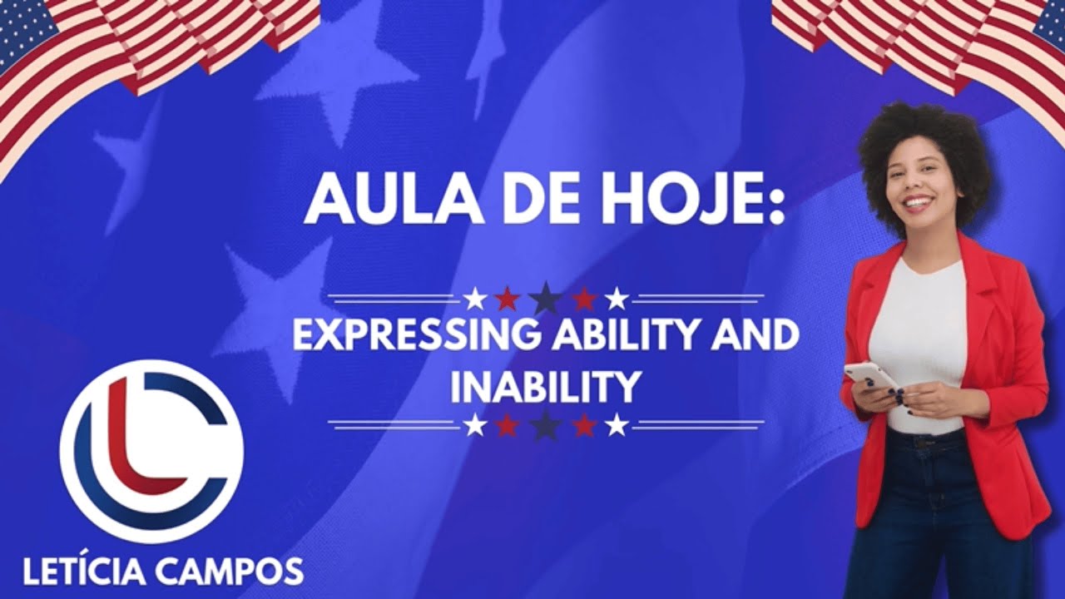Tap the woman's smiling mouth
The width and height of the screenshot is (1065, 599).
point(918,201)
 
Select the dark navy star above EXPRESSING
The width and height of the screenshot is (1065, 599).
point(546,297)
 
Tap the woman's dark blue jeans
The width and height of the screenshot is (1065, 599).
point(932,516)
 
